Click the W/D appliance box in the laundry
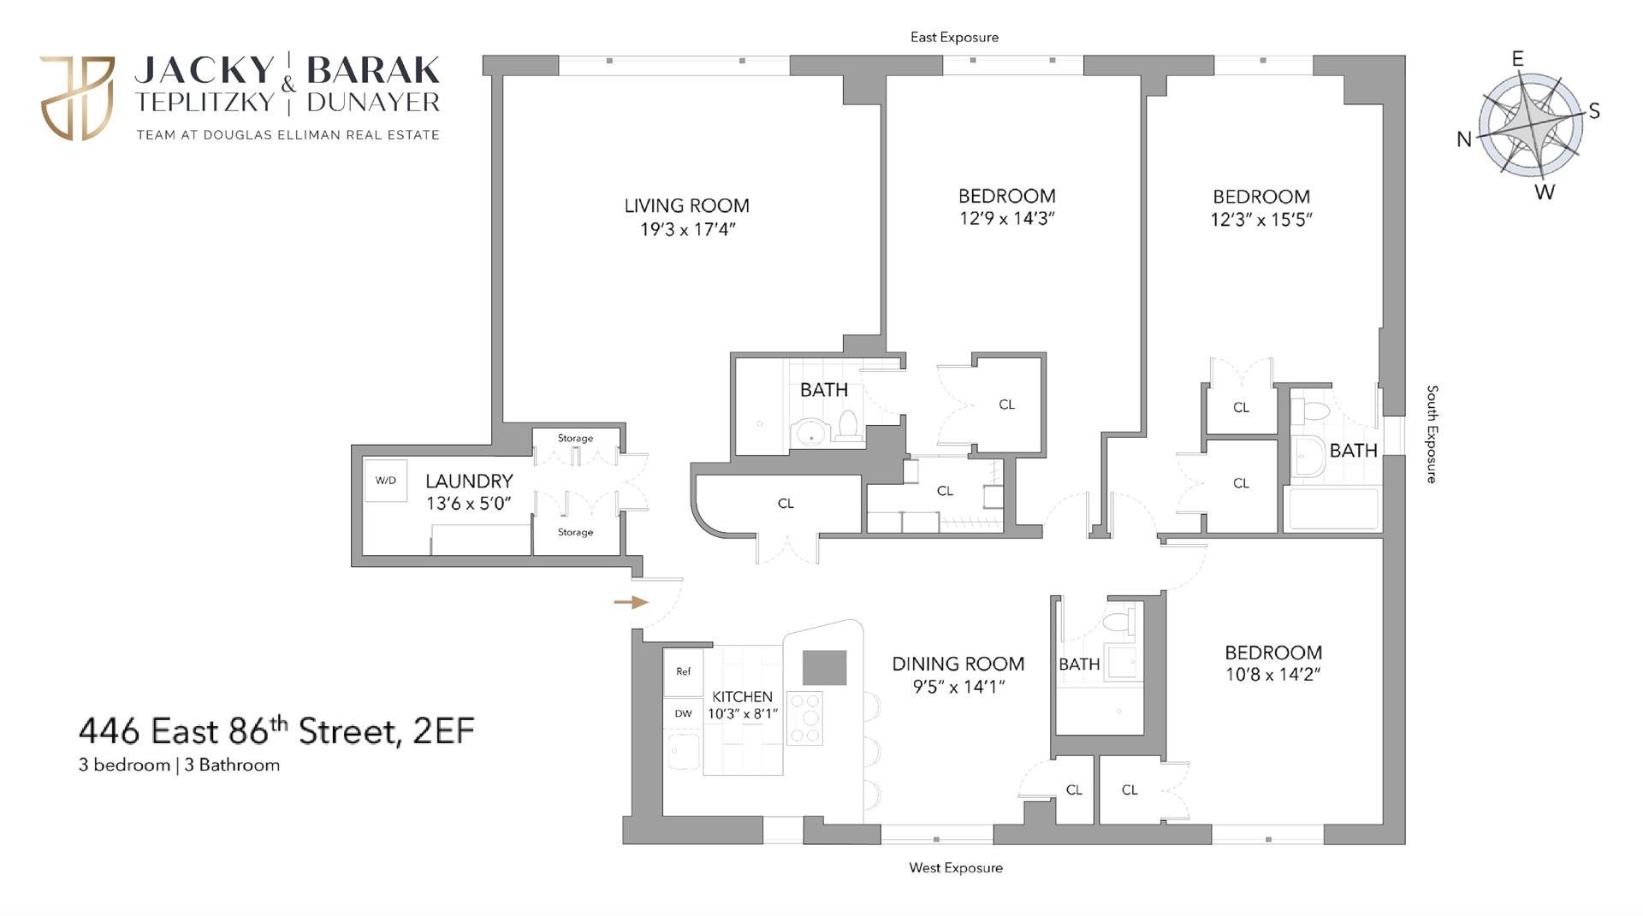(386, 481)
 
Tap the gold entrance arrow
(631, 603)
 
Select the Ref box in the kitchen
(683, 672)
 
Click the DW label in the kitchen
(683, 713)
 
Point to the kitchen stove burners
(804, 718)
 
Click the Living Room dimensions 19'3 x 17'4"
(687, 230)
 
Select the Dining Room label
(958, 665)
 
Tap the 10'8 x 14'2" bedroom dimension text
(1272, 675)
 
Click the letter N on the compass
(1464, 139)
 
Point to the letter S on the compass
(1594, 111)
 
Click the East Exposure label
(954, 38)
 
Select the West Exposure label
(955, 868)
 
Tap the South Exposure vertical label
(1432, 434)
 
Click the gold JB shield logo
(78, 98)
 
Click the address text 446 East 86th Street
(276, 732)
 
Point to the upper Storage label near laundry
(575, 439)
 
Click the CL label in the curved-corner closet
(786, 504)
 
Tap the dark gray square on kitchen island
(824, 668)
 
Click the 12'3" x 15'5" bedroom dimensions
(1260, 220)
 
